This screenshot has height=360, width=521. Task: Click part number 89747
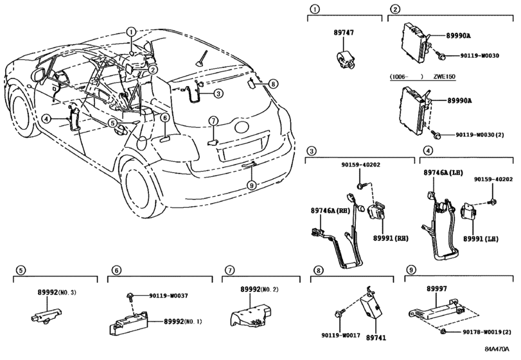click(x=344, y=33)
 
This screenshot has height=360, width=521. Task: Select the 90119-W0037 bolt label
click(x=168, y=296)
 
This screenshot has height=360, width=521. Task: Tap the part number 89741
click(x=376, y=337)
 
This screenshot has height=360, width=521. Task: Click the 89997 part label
click(x=437, y=289)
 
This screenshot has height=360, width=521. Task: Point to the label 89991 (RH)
click(x=391, y=239)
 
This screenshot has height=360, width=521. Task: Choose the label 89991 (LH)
click(x=481, y=239)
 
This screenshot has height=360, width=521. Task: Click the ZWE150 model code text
click(x=444, y=76)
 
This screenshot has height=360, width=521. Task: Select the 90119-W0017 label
click(x=340, y=336)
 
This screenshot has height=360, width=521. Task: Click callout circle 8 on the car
click(x=273, y=84)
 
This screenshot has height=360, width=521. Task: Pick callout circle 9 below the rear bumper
click(x=252, y=184)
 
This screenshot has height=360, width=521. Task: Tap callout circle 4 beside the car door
click(x=46, y=118)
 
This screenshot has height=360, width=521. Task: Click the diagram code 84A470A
click(x=497, y=349)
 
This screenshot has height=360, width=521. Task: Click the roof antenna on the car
click(x=202, y=59)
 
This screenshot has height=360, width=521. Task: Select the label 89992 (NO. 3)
click(x=57, y=292)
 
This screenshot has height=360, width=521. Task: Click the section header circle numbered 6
click(x=116, y=270)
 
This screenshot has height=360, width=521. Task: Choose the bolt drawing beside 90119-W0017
click(x=340, y=313)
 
